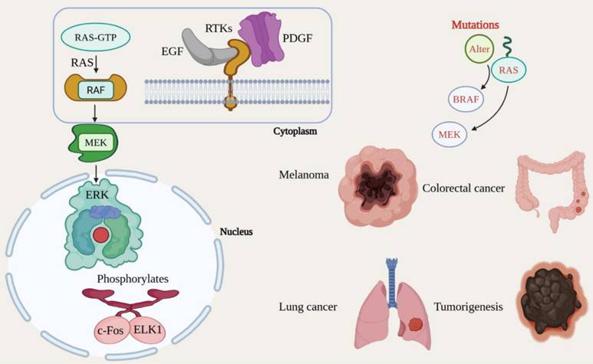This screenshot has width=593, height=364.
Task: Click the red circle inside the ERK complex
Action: [x=100, y=234]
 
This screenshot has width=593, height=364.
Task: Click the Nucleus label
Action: [x=237, y=231]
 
